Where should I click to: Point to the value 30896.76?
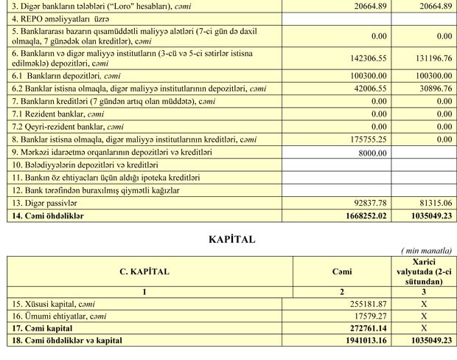click(436, 88)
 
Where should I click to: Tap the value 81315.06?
click(436, 203)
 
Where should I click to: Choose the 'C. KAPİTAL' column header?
click(144, 271)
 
